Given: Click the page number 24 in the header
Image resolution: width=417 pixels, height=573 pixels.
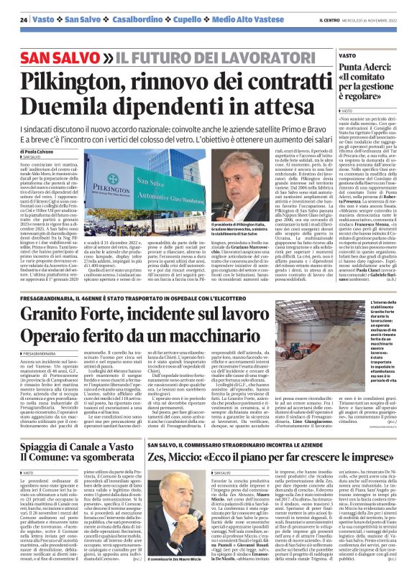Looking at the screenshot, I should (x=24, y=19).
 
